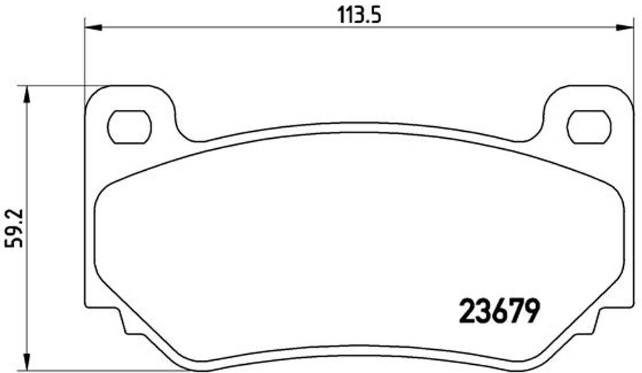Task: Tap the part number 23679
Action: pyautogui.click(x=500, y=310)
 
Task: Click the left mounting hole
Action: pyautogui.click(x=130, y=127)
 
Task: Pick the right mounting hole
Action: pyautogui.click(x=588, y=127)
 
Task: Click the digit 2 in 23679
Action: pyautogui.click(x=468, y=310)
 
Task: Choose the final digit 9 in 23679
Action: pyautogui.click(x=531, y=310)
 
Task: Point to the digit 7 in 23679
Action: pyautogui.click(x=515, y=310)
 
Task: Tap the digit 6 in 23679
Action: pyautogui.click(x=500, y=310)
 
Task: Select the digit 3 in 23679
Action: pyautogui.click(x=484, y=310)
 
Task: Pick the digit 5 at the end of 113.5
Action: pyautogui.click(x=376, y=14)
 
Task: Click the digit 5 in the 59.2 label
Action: pyautogui.click(x=14, y=241)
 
